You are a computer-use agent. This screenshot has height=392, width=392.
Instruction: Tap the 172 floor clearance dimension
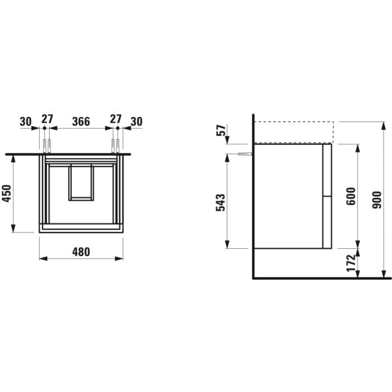pos(350,263)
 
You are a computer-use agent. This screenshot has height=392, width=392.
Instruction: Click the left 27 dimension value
pos(46,120)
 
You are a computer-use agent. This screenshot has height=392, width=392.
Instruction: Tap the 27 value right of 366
pos(115,120)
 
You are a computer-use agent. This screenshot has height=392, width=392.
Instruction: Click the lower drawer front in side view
pos(327,222)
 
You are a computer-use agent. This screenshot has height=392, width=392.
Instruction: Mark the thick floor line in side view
pos(320,278)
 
